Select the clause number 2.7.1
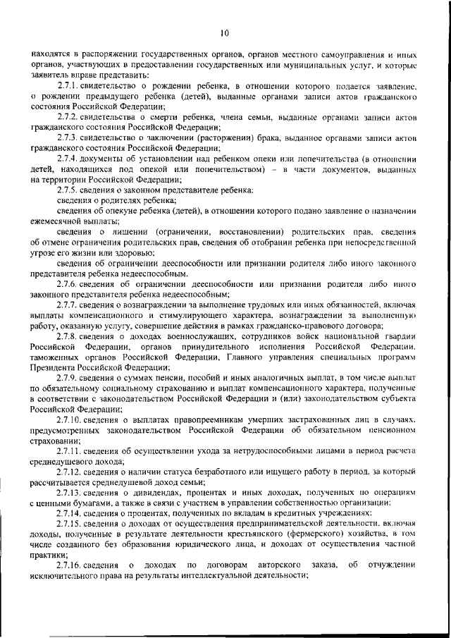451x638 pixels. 69,85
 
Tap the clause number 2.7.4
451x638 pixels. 69,159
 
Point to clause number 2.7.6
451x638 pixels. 69,283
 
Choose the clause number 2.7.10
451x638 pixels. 70,421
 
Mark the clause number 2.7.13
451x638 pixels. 70,493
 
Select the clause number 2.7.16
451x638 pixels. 70,565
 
